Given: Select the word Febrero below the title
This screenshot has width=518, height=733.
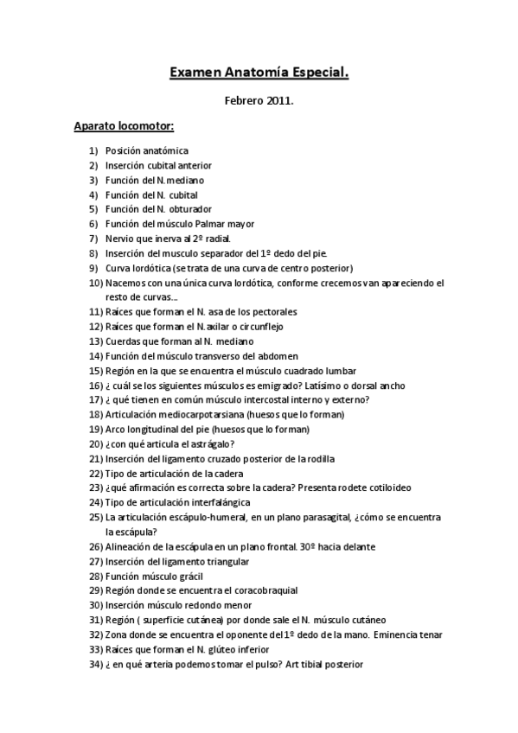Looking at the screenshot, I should pos(242,101).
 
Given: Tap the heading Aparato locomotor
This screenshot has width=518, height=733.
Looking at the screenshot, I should pos(124,127).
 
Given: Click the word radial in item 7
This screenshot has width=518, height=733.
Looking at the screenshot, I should pos(215,239).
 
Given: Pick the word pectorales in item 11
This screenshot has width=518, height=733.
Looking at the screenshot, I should pos(272,311).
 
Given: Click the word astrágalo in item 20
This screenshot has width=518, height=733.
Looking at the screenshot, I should pos(189,443).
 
